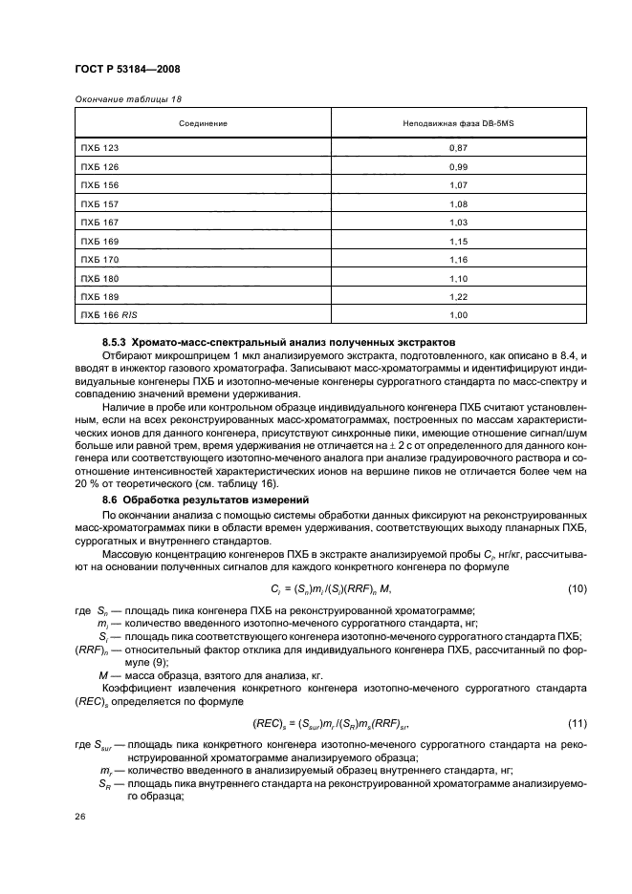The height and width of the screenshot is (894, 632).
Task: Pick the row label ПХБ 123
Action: tap(99, 149)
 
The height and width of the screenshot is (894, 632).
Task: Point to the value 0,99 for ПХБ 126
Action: tap(459, 166)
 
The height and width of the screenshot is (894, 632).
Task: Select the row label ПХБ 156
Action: tap(99, 183)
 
